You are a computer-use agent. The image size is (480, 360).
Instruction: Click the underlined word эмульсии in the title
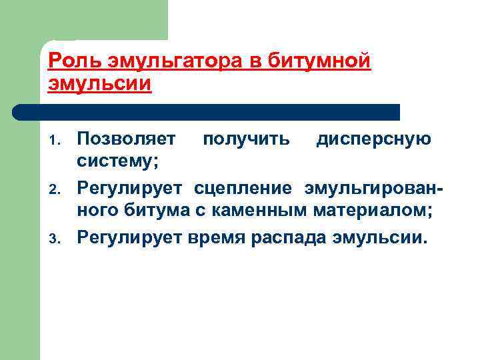(x=101, y=85)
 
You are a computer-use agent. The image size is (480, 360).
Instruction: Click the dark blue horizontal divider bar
(x=207, y=112)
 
